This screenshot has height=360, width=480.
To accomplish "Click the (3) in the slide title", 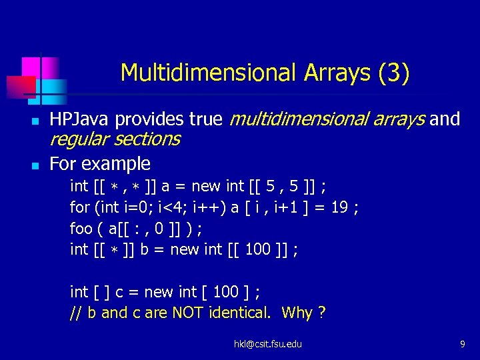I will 393,73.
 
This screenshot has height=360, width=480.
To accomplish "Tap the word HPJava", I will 80,119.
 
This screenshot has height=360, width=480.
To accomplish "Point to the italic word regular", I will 79,139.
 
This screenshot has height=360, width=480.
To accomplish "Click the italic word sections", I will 147,139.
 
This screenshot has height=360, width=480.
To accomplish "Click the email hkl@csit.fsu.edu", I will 267,344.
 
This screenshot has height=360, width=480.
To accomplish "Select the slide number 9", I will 462,344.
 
